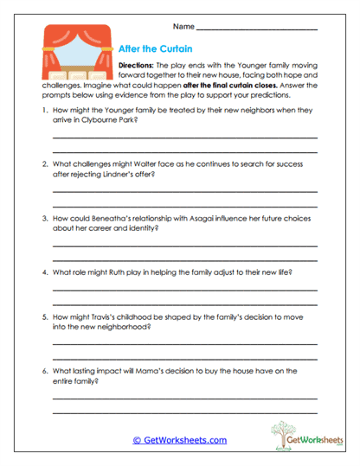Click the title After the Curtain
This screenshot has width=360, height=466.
[155, 49]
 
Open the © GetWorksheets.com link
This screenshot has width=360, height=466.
[180, 440]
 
